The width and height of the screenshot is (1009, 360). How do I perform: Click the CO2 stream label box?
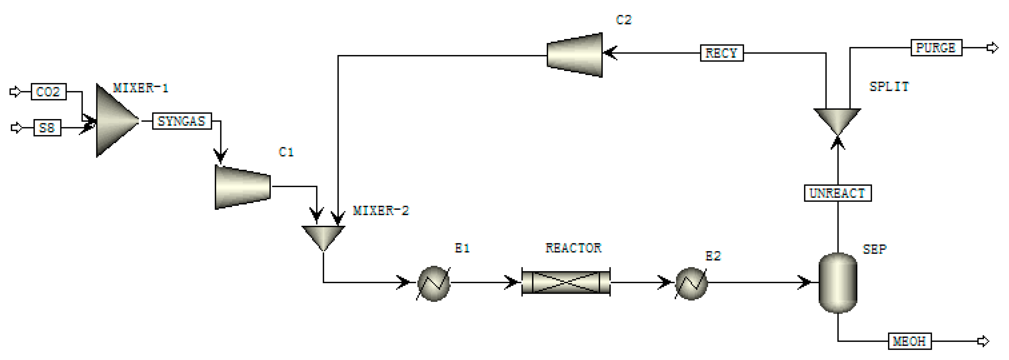49,92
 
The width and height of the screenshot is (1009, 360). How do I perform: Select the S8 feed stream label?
47,128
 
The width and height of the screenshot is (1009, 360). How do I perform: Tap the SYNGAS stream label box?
182,121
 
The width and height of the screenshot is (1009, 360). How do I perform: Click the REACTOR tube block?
566,282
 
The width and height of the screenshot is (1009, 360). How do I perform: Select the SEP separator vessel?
838,282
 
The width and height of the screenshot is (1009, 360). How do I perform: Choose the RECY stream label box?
722,53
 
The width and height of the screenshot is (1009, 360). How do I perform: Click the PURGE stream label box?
936,48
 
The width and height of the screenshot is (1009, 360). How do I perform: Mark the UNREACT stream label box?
837,193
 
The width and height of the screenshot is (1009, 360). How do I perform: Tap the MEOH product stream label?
909,341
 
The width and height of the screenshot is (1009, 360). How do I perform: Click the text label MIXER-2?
381,211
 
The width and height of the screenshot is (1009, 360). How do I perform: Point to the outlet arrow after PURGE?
992,48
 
